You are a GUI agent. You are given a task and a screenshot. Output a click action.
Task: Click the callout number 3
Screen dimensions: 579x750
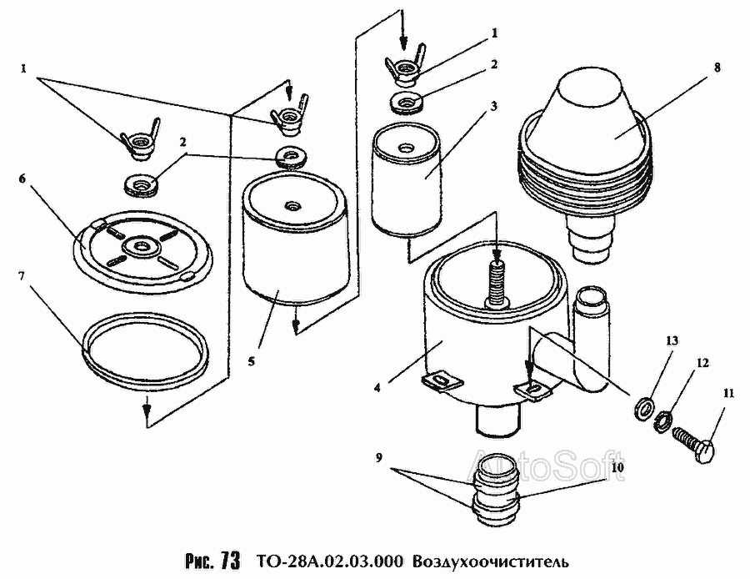(494, 107)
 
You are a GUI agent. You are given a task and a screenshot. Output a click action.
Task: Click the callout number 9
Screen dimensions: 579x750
(378, 458)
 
